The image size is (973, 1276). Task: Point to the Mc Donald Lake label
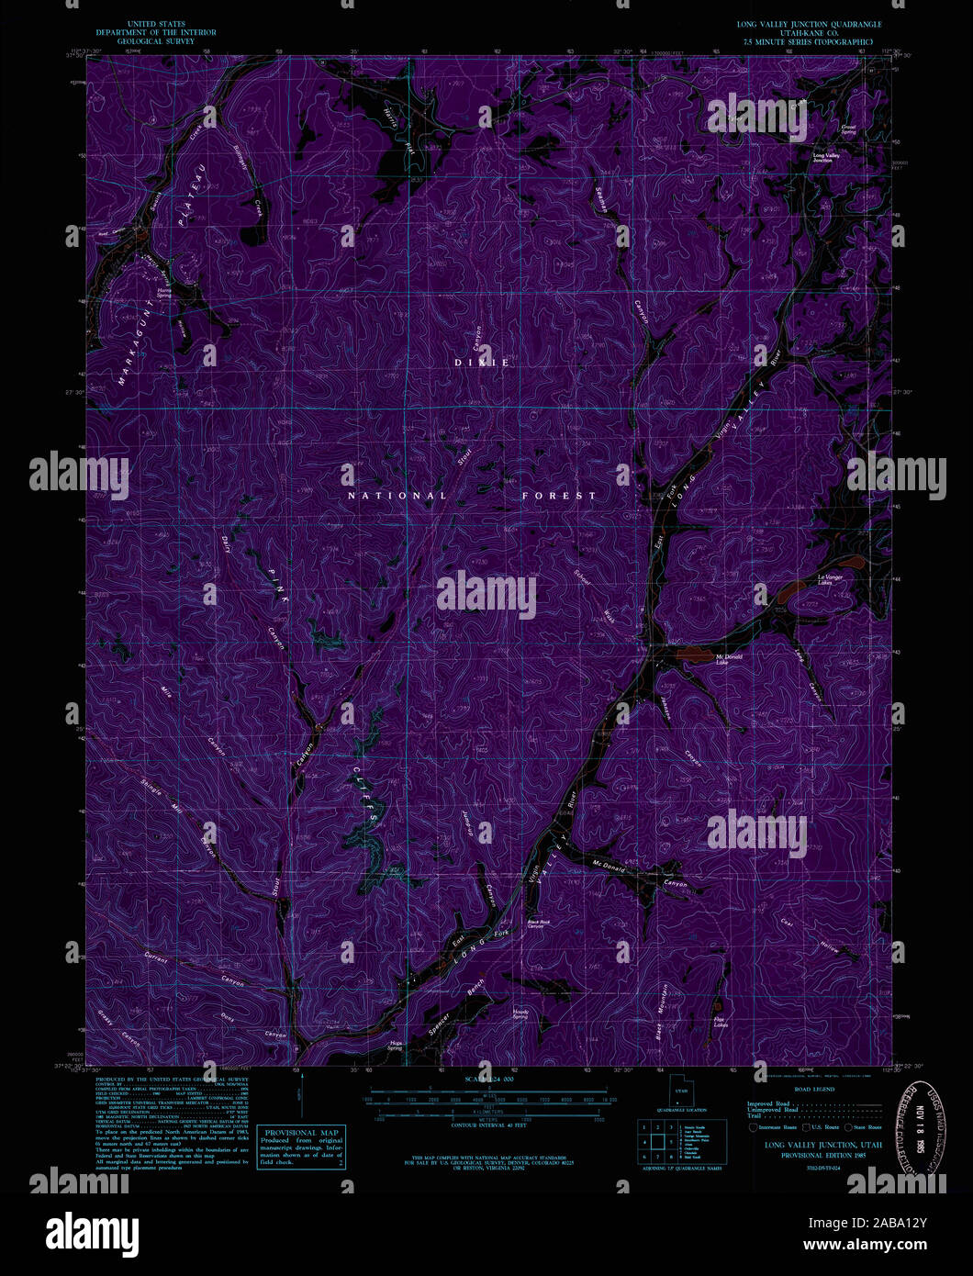(729, 658)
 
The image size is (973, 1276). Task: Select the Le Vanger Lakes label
(830, 578)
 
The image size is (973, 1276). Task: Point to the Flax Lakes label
(721, 1021)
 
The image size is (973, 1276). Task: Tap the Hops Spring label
(397, 1045)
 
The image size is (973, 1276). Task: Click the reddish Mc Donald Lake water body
(694, 655)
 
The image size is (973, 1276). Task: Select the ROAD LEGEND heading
(815, 1089)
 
